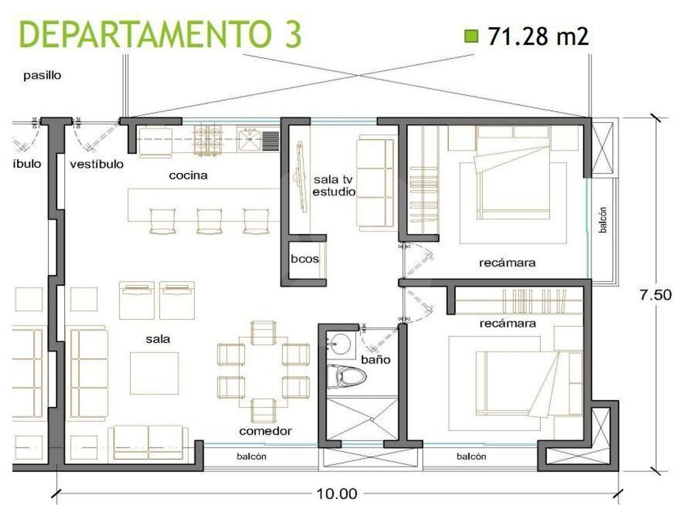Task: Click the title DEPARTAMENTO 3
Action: coord(160,34)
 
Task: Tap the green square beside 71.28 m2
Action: coord(472,36)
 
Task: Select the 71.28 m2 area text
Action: coord(538,36)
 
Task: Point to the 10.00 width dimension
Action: coord(337,494)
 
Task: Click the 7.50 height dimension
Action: coord(655,295)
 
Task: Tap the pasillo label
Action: coord(43,75)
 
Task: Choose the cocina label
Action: coord(188,175)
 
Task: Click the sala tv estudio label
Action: coord(334,186)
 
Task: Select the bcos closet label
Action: coord(305,259)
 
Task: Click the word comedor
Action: coord(265,431)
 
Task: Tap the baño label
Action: coord(376,360)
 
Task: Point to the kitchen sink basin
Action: coord(249,140)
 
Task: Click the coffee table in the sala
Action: coord(154,373)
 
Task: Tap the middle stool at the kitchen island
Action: coord(209,221)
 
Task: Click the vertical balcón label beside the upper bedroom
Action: coord(603,220)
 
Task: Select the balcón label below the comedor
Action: coord(251,457)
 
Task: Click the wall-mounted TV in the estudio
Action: coord(301,177)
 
